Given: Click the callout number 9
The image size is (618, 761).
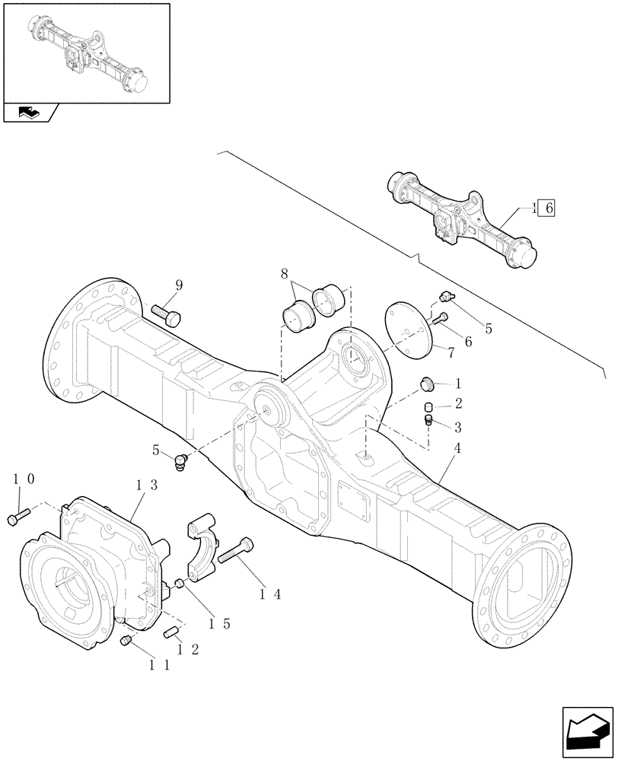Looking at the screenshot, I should [x=179, y=285].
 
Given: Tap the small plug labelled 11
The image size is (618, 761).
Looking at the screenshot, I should [x=127, y=644].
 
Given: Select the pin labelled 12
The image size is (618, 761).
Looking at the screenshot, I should [x=171, y=631].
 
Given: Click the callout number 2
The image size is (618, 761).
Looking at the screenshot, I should [x=457, y=403].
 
